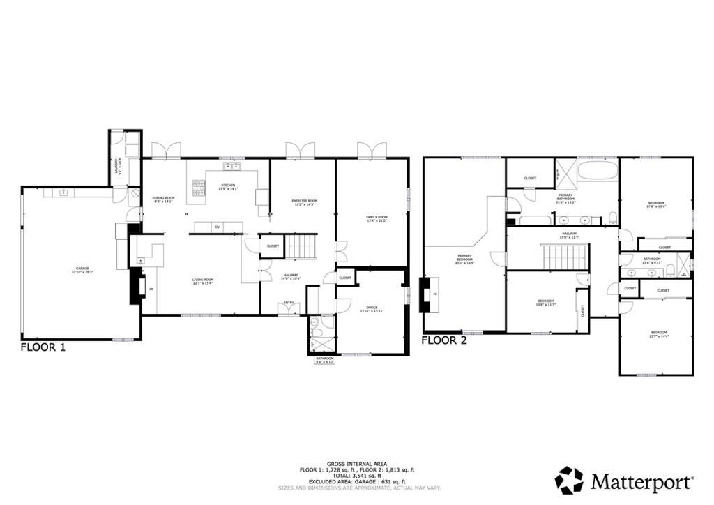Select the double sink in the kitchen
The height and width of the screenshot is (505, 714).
[231, 166]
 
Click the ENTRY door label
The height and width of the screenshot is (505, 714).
[288, 303]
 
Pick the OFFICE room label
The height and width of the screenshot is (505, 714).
[372, 308]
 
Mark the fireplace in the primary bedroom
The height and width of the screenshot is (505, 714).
[426, 295]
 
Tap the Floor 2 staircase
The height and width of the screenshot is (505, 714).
[565, 256]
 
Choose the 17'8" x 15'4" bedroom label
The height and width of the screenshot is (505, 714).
[657, 204]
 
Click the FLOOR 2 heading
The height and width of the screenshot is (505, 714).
[444, 341]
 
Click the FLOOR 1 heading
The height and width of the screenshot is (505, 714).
[43, 347]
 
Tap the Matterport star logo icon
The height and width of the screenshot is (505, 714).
[568, 481]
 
